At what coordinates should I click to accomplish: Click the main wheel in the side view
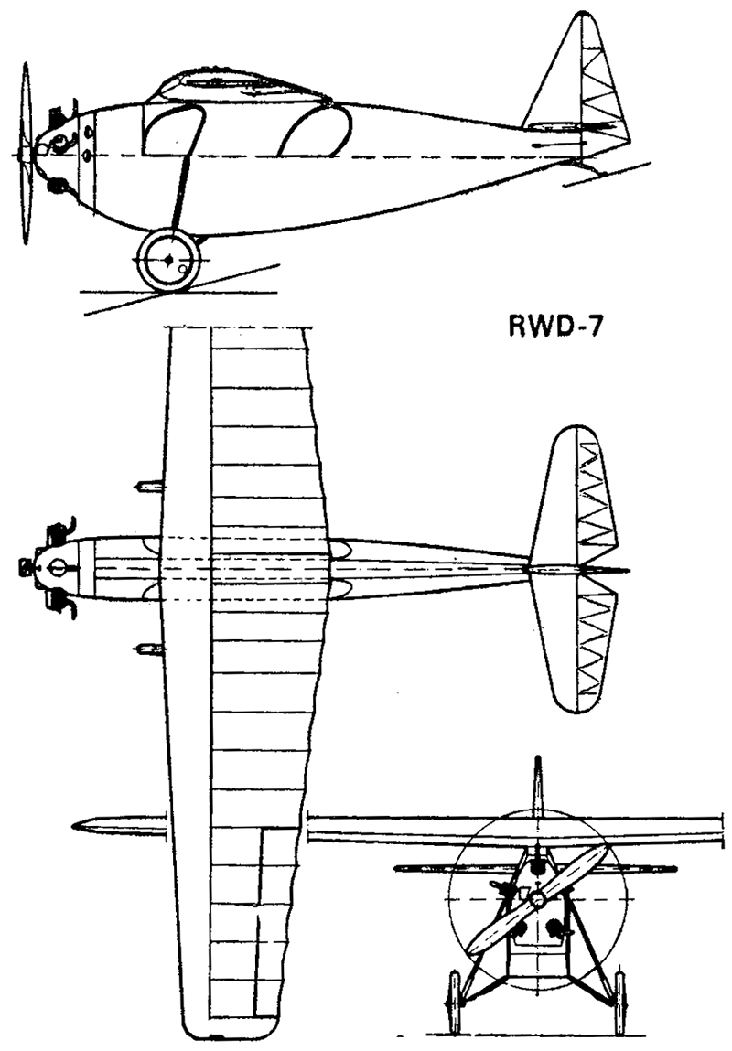[x=168, y=260]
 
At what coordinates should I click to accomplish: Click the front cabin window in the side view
[x=172, y=131]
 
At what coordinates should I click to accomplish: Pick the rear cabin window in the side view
[x=315, y=132]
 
